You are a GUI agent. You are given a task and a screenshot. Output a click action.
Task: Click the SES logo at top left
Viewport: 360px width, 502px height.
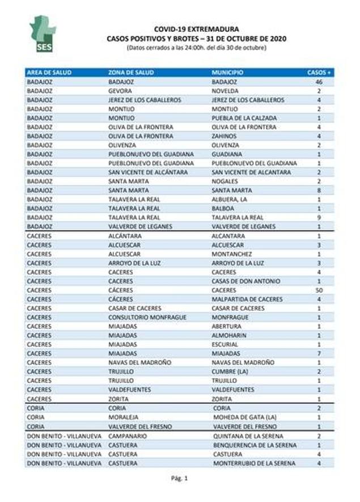43,34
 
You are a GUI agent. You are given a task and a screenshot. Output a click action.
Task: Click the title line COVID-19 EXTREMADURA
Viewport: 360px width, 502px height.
197,28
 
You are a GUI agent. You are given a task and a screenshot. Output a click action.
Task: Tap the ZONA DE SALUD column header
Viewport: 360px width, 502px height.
131,73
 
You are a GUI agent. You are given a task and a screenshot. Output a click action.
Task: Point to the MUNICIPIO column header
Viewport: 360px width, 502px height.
228,73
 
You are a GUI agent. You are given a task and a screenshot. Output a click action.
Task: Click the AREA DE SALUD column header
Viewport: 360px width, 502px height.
49,73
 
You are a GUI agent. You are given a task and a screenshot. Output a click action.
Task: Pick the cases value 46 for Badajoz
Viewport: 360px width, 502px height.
319,82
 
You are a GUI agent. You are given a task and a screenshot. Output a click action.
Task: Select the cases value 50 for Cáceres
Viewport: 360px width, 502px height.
319,290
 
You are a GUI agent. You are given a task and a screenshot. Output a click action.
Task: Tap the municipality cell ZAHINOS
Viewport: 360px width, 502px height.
225,136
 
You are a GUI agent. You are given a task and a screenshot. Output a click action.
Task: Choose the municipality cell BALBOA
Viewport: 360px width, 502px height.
223,208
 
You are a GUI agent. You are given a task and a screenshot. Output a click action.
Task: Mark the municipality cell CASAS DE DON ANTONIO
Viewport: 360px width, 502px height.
246,281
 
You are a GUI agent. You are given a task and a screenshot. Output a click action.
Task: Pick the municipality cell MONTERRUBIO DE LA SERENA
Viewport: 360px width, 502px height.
254,463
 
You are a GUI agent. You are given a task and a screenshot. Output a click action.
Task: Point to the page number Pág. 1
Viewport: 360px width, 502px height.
179,478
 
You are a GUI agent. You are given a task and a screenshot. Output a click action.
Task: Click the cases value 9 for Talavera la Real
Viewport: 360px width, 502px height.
319,217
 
